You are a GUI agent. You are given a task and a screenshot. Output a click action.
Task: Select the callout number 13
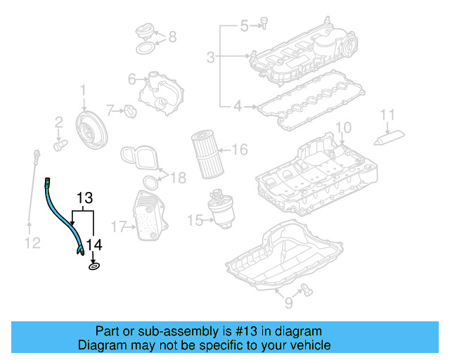[84, 198]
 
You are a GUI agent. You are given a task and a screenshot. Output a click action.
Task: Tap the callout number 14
[94, 245]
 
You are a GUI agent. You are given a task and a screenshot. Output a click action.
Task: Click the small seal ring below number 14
[94, 266]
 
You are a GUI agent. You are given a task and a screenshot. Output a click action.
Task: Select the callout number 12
[29, 244]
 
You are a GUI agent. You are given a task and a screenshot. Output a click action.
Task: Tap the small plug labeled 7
[129, 110]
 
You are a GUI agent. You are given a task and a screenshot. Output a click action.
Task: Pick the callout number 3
[210, 56]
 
